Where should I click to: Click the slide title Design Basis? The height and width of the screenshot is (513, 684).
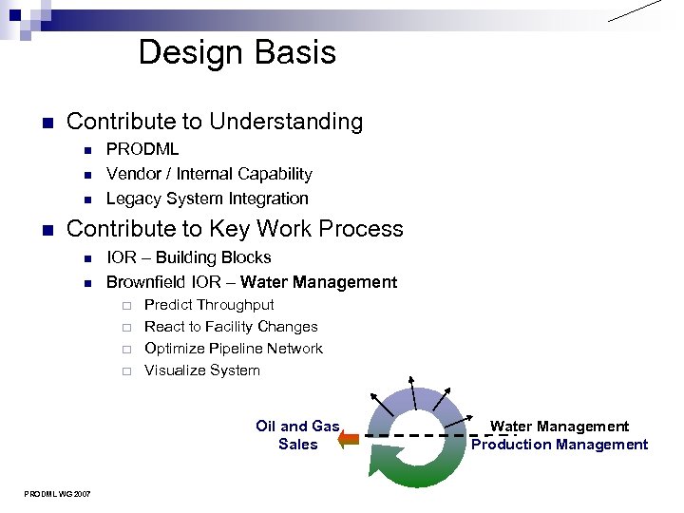(237, 52)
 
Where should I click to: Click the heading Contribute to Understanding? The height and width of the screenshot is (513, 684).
(215, 122)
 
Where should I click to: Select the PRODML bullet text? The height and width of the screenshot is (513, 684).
(142, 149)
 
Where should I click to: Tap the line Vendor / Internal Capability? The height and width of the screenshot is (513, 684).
(209, 174)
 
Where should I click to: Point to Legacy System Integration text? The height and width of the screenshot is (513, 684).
(207, 199)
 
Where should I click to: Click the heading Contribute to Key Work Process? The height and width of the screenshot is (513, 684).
(235, 229)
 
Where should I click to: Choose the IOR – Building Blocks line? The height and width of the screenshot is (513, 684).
(188, 257)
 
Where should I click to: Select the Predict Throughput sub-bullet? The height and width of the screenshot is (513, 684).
(209, 305)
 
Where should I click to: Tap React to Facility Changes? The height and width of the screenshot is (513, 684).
(231, 327)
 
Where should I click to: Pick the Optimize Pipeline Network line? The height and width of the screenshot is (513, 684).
(234, 349)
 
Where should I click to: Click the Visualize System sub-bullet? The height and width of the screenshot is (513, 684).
(201, 370)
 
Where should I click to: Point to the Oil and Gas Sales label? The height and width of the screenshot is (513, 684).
(297, 435)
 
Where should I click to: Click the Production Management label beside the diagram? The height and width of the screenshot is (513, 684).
(560, 445)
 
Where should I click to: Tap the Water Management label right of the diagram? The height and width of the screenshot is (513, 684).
(560, 427)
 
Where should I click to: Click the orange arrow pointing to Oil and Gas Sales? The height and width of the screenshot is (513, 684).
(349, 438)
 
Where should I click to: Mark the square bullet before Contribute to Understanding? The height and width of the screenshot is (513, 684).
(45, 123)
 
